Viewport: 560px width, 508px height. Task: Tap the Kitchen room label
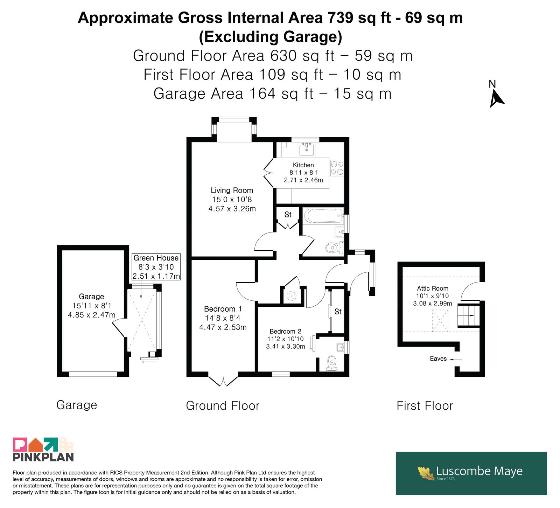303,165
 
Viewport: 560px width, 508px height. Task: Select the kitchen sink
307,149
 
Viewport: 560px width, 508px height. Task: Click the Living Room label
232,190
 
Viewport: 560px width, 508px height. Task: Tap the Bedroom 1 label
223,309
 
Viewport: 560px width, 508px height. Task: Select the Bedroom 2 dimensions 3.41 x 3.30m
286,347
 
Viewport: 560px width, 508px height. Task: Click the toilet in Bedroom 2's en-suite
331,363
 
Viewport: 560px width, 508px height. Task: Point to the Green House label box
156,267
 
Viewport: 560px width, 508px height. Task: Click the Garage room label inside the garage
91,297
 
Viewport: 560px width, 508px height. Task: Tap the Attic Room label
433,288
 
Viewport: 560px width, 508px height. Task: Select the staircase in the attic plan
469,315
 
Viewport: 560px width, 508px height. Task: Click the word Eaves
438,359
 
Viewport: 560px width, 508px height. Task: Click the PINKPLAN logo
43,450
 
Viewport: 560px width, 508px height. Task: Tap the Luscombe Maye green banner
471,473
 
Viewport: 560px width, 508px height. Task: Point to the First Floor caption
425,406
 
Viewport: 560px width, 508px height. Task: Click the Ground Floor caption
223,406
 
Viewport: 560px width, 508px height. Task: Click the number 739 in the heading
341,18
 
